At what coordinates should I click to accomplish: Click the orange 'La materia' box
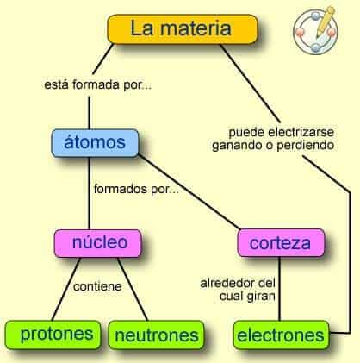pos(183,29)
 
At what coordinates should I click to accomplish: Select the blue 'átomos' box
pos(95,143)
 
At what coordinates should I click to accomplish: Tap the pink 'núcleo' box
pos(98,243)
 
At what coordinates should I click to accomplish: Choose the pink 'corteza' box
pos(281,243)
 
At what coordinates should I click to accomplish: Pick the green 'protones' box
pos(53,335)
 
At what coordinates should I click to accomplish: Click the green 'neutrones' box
pos(157,335)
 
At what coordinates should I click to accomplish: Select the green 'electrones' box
pos(281,335)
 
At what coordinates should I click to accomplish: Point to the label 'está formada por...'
pos(97,85)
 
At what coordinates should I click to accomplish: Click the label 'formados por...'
pos(136,189)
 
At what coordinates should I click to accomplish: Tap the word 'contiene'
pos(97,286)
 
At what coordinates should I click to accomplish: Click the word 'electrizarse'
pos(301,133)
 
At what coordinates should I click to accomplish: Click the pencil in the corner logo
pos(326,22)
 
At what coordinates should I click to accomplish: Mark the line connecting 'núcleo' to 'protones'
pos(65,289)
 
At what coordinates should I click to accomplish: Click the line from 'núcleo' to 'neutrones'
pos(133,289)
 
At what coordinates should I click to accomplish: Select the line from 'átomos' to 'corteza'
pos(189,192)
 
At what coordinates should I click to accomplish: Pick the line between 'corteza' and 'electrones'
pos(279,289)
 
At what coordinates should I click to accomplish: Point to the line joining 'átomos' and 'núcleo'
pos(89,193)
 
